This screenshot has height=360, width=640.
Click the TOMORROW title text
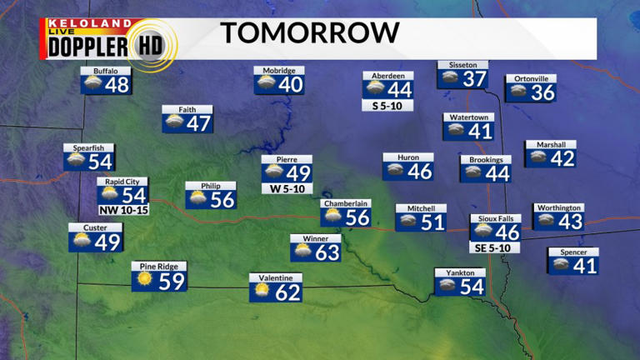pyautogui.click(x=309, y=33)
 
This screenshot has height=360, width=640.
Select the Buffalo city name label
pyautogui.click(x=105, y=72)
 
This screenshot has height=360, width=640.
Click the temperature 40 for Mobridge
pyautogui.click(x=290, y=85)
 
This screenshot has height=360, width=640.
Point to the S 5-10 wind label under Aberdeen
pyautogui.click(x=387, y=106)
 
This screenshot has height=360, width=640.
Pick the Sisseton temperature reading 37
pyautogui.click(x=474, y=80)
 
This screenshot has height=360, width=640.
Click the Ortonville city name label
pyautogui.click(x=530, y=79)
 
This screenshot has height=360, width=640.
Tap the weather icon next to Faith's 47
pyautogui.click(x=175, y=122)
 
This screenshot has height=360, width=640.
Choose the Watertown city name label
pyautogui.click(x=468, y=117)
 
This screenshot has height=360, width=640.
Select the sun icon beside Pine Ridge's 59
pyautogui.click(x=144, y=280)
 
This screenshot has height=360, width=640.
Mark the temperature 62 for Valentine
pyautogui.click(x=287, y=292)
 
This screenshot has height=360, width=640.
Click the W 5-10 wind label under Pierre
pyautogui.click(x=287, y=188)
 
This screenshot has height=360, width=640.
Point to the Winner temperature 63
pyautogui.click(x=327, y=252)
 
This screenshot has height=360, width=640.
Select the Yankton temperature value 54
pyautogui.click(x=472, y=287)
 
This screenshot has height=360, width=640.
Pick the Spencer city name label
pyautogui.click(x=573, y=252)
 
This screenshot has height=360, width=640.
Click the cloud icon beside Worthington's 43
pyautogui.click(x=546, y=221)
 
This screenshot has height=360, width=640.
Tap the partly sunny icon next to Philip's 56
pyautogui.click(x=198, y=199)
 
